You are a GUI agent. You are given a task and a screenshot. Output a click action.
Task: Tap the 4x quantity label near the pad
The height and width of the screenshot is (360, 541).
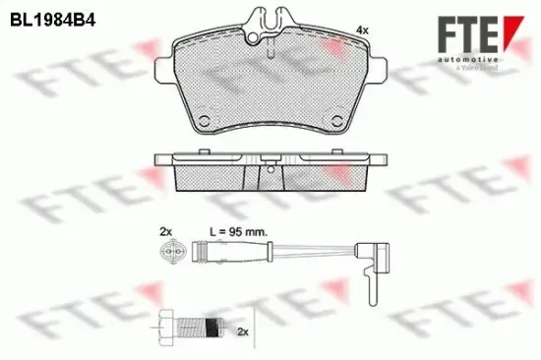click(361, 31)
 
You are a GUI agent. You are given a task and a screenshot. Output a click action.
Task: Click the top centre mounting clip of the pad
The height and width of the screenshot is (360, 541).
click(271, 22)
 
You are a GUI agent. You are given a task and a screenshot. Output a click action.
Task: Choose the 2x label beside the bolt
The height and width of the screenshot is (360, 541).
click(243, 332)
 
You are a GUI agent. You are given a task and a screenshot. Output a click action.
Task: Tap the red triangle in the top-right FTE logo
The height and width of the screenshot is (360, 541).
click(508, 31)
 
